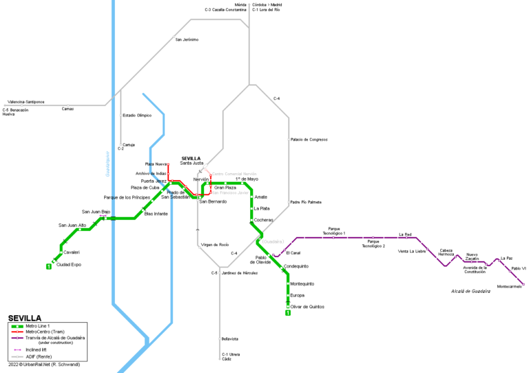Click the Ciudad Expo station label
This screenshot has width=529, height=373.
[x=68, y=264]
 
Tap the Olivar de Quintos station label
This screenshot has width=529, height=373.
[x=307, y=306]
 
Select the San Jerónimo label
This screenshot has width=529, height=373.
[x=187, y=39]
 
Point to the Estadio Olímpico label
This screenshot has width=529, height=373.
[x=136, y=115]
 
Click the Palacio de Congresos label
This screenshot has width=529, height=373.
[x=309, y=139]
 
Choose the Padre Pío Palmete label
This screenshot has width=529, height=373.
[x=306, y=202]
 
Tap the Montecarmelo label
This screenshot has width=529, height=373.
[x=509, y=286]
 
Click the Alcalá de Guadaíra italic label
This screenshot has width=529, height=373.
[x=470, y=291]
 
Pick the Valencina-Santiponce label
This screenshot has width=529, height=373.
[x=26, y=101]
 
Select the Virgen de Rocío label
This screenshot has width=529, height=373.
[x=215, y=245]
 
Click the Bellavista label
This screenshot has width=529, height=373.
[x=230, y=339]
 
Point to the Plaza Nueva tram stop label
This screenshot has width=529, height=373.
[x=157, y=163]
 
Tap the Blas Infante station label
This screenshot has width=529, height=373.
[x=156, y=214]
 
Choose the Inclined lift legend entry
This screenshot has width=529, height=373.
[x=36, y=350]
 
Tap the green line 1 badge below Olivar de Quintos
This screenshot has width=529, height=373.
[x=288, y=314]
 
